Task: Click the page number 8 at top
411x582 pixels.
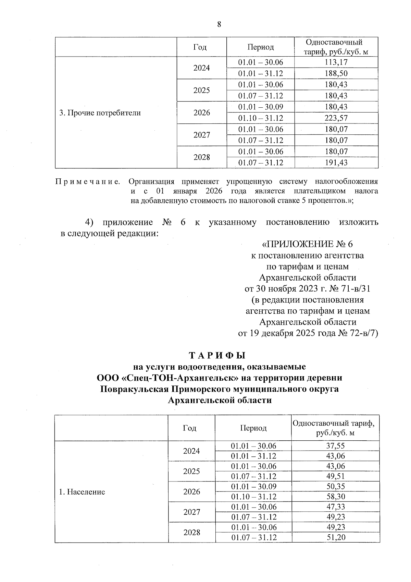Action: click(x=219, y=24)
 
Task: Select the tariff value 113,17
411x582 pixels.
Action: click(x=336, y=62)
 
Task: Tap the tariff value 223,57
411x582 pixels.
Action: click(x=336, y=118)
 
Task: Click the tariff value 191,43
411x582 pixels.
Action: click(x=336, y=163)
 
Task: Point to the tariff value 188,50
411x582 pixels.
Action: click(x=336, y=73)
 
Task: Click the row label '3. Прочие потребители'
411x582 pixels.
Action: click(x=100, y=113)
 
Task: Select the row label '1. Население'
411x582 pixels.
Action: click(x=82, y=492)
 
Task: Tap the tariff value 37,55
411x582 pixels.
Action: click(x=336, y=446)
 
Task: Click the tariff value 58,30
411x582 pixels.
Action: click(x=336, y=497)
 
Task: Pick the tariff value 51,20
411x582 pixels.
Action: click(x=336, y=537)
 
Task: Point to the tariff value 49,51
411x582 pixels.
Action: click(x=336, y=476)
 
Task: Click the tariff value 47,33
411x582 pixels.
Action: click(x=336, y=507)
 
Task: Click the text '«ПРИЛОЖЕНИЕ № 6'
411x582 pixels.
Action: click(x=307, y=244)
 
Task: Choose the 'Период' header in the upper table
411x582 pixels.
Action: click(x=261, y=47)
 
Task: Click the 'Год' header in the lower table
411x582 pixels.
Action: click(x=190, y=428)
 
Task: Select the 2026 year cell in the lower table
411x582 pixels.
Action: click(x=192, y=492)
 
